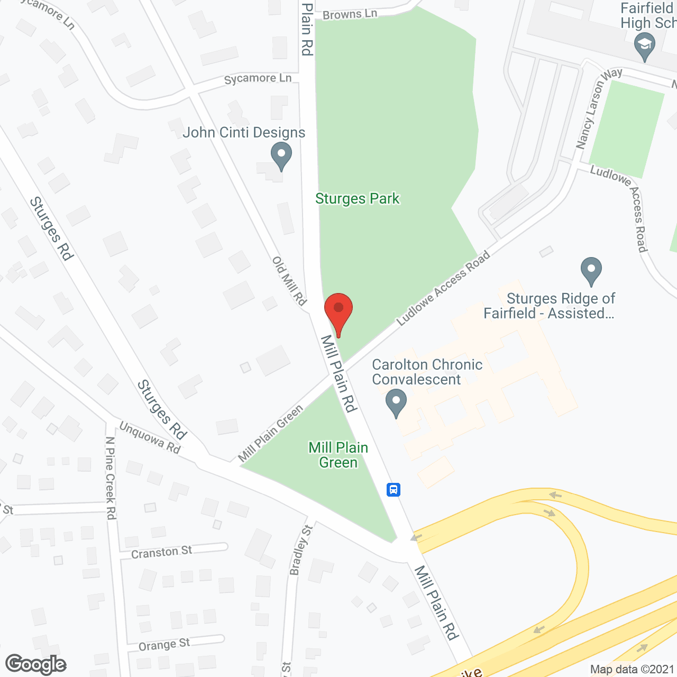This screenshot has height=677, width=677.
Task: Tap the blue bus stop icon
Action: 393,489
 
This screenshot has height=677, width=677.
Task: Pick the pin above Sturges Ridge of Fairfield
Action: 591,270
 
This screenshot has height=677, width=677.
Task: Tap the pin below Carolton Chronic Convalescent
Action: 396,402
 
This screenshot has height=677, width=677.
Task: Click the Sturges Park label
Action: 358,199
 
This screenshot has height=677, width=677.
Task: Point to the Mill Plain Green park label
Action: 338,455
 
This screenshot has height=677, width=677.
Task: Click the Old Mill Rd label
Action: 289,281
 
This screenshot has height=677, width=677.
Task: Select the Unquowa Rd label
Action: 150,437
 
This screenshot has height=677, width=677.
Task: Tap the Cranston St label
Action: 161,552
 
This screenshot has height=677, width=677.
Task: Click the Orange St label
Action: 164,645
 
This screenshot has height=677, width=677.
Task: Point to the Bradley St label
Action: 301,550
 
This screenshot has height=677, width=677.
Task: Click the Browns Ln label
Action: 350,14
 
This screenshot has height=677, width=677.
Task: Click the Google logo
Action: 36,664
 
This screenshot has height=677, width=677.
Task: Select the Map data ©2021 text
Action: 632,670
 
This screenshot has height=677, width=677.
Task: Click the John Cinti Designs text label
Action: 244,132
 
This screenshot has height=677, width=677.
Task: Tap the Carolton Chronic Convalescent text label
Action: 427,372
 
